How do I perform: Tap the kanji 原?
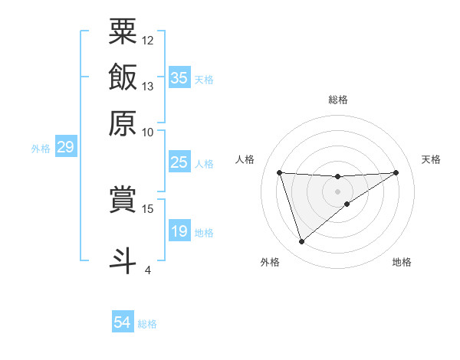pyautogui.click(x=123, y=123)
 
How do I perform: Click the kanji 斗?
pyautogui.click(x=123, y=258)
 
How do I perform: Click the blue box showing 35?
pyautogui.click(x=179, y=77)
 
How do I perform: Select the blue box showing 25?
pyautogui.click(x=179, y=162)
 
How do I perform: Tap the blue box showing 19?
pyautogui.click(x=179, y=231)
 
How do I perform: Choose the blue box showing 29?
pyautogui.click(x=65, y=147)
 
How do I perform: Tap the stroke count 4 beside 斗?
pyautogui.click(x=148, y=270)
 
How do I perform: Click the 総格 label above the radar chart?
pyautogui.click(x=337, y=100)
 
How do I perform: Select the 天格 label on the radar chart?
pyautogui.click(x=431, y=159)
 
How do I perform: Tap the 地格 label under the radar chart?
pyautogui.click(x=402, y=263)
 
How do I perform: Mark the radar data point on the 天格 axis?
pyautogui.click(x=396, y=172)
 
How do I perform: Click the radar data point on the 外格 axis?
pyautogui.click(x=302, y=242)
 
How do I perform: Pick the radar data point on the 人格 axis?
pyautogui.click(x=280, y=172)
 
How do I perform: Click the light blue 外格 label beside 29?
pyautogui.click(x=40, y=149)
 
